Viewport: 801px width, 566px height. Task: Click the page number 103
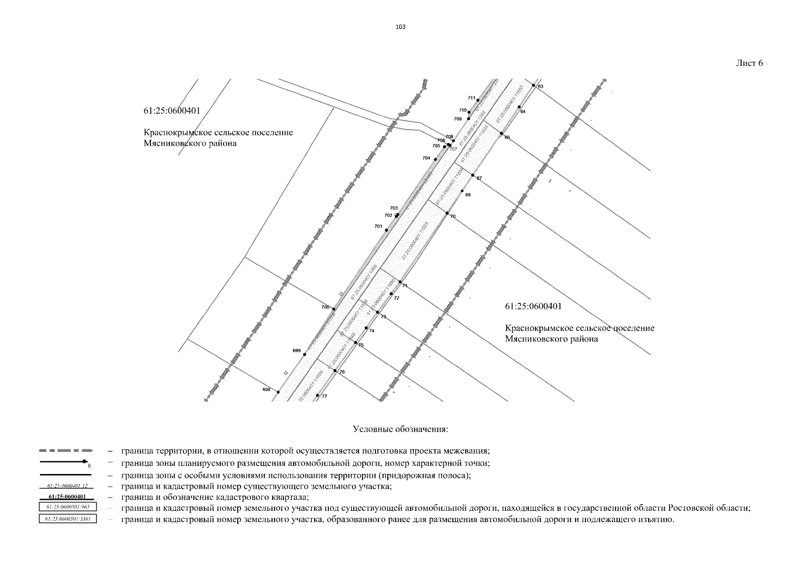click(x=400, y=27)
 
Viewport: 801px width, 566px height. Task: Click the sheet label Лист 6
click(x=749, y=64)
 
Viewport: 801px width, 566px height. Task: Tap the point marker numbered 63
click(x=534, y=85)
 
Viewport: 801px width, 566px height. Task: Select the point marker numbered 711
click(x=478, y=100)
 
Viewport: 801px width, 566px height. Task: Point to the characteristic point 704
click(x=435, y=159)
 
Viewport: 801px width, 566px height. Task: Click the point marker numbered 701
click(x=386, y=230)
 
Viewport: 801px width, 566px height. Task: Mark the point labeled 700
click(x=334, y=309)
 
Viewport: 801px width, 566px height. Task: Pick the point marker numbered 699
click(x=305, y=354)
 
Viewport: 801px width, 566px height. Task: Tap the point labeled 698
click(x=278, y=392)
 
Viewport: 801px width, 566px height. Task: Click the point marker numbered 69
click(x=462, y=191)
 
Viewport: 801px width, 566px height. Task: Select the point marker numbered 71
click(x=400, y=282)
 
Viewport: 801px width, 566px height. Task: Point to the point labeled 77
click(x=317, y=395)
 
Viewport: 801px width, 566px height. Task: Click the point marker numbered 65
click(x=501, y=133)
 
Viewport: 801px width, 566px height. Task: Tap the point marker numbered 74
click(x=366, y=328)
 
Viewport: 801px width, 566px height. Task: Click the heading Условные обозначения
click(x=400, y=430)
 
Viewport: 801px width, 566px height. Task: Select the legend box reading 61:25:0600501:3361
click(x=67, y=519)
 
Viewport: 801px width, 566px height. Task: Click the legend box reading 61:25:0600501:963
click(x=67, y=507)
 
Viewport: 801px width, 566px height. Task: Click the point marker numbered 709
click(x=468, y=118)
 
